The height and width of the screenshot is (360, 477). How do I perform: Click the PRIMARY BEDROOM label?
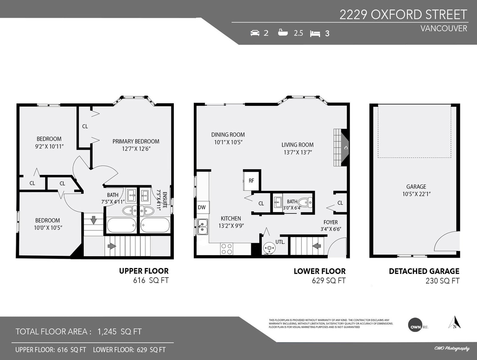point(136,141)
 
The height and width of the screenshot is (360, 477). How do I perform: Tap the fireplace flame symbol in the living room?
point(346,148)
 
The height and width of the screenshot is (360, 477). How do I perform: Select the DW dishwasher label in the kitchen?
point(202,207)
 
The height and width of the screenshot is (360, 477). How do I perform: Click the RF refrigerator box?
point(251,181)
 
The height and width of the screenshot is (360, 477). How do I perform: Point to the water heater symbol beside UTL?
point(269,248)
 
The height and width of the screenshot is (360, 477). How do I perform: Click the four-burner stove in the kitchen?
point(227,249)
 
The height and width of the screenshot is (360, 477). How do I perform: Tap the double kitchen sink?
point(202,227)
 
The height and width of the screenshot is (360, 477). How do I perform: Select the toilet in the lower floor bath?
point(305,203)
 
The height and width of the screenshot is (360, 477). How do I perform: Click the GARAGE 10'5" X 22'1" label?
point(416,190)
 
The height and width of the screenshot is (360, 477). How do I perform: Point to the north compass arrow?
point(454,322)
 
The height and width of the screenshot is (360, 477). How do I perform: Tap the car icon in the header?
point(255,33)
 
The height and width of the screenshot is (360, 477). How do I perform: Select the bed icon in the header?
point(315,34)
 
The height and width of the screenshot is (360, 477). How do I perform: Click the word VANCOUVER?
point(444,28)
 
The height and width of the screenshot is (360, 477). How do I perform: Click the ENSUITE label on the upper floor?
point(165,200)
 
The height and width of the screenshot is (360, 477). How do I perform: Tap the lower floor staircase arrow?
point(317,246)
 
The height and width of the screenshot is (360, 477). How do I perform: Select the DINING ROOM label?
point(228,135)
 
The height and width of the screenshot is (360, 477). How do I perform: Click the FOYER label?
point(331,222)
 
